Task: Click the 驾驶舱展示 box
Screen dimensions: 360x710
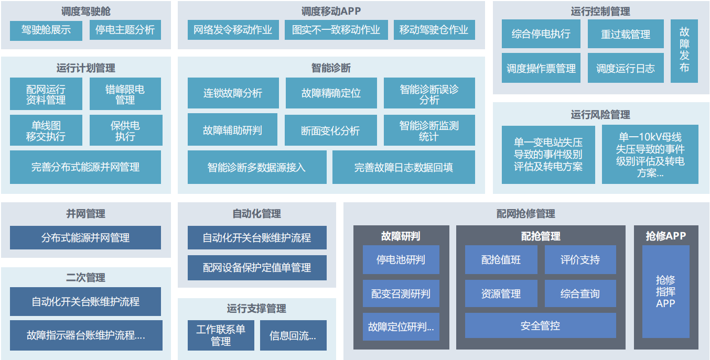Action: pyautogui.click(x=46, y=30)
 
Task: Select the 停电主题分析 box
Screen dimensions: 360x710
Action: pyautogui.click(x=125, y=30)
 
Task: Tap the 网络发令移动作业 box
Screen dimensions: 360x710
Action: pyautogui.click(x=233, y=30)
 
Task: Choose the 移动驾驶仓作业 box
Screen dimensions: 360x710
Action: pyautogui.click(x=434, y=30)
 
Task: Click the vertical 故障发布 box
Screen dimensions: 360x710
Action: pyautogui.click(x=684, y=51)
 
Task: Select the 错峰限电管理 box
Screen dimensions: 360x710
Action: pyautogui.click(x=125, y=94)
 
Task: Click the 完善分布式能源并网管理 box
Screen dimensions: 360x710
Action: pyautogui.click(x=85, y=167)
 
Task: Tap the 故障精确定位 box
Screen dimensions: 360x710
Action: pyautogui.click(x=331, y=93)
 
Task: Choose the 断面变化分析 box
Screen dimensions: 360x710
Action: pyautogui.click(x=330, y=130)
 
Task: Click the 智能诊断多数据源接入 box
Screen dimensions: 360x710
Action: pyautogui.click(x=256, y=167)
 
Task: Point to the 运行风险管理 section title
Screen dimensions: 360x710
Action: pyautogui.click(x=600, y=114)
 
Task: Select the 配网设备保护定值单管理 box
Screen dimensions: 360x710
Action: pyautogui.click(x=257, y=268)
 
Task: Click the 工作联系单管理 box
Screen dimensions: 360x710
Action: pyautogui.click(x=220, y=335)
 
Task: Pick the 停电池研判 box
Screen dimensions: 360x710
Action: pyautogui.click(x=401, y=260)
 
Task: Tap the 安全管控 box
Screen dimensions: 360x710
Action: pyautogui.click(x=540, y=325)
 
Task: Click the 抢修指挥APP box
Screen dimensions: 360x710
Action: pyautogui.click(x=665, y=292)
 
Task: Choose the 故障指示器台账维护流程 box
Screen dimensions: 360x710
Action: pyautogui.click(x=85, y=335)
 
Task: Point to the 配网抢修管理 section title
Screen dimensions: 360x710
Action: pyautogui.click(x=525, y=214)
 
